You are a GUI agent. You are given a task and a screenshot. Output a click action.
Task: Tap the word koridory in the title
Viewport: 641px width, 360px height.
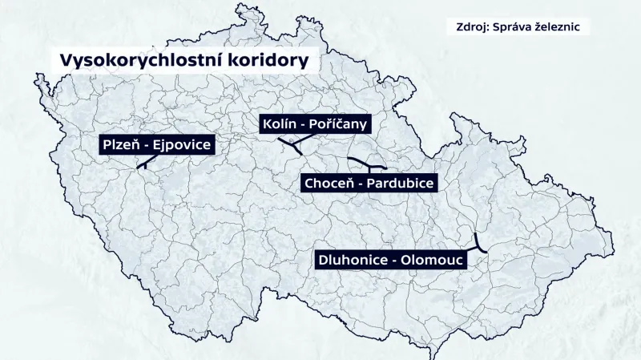[271, 61]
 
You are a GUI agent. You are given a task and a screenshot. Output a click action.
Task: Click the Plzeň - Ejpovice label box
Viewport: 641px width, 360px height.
[156, 145]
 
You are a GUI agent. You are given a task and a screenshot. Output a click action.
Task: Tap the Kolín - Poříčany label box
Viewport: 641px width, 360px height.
[314, 124]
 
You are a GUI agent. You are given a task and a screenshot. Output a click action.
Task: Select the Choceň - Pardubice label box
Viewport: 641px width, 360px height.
[369, 184]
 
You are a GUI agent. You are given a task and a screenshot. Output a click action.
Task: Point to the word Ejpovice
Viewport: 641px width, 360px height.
[182, 145]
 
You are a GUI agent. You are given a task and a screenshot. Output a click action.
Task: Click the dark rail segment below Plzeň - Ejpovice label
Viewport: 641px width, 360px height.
[145, 163]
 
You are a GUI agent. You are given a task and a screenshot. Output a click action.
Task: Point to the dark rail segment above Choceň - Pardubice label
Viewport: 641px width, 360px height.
[369, 164]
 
